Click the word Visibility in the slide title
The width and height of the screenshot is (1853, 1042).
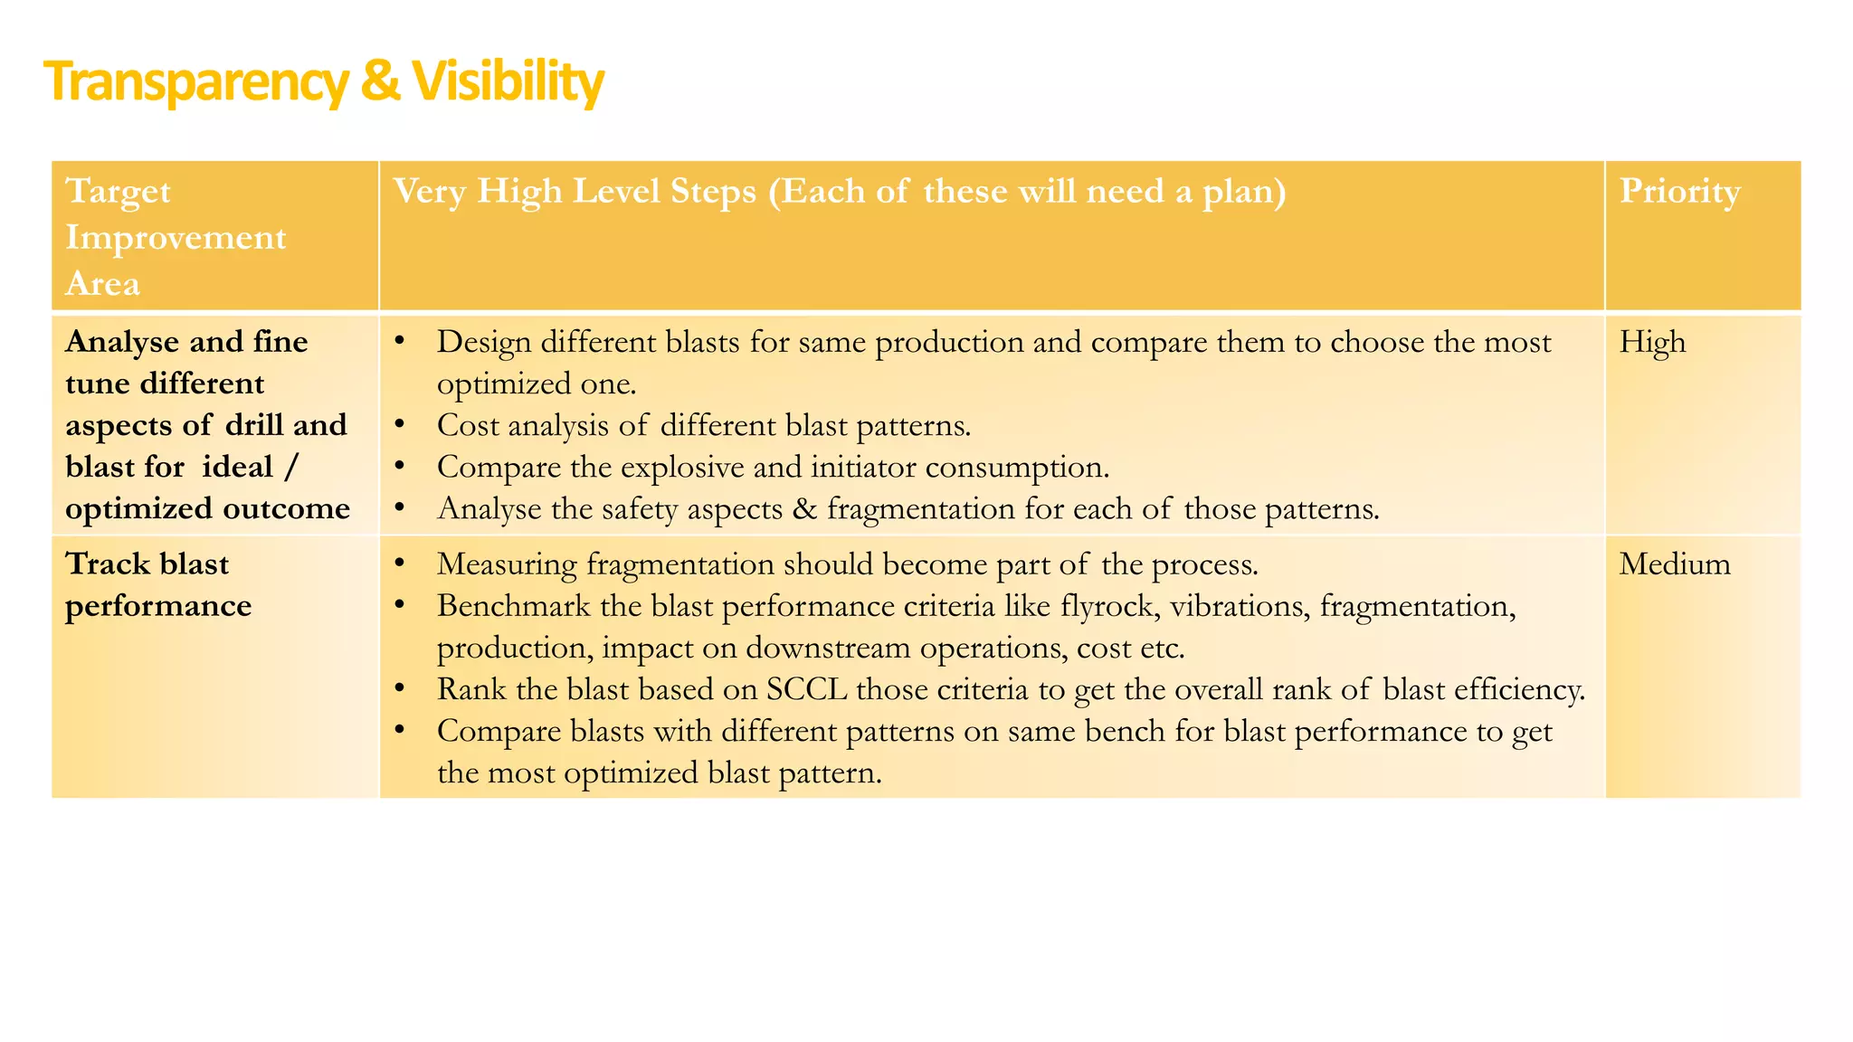[508, 82]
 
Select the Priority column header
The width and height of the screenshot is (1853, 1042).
[1679, 192]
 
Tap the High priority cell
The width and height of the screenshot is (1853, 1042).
[1652, 343]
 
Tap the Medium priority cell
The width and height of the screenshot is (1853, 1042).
[1674, 564]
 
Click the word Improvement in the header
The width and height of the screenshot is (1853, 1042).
[176, 238]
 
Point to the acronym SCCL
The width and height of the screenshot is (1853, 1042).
[806, 690]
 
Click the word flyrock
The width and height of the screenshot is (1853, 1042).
[1108, 606]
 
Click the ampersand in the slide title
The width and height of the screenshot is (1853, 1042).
[380, 82]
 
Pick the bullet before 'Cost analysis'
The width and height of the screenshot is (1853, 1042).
[401, 426]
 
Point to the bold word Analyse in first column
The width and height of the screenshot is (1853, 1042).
[122, 342]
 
